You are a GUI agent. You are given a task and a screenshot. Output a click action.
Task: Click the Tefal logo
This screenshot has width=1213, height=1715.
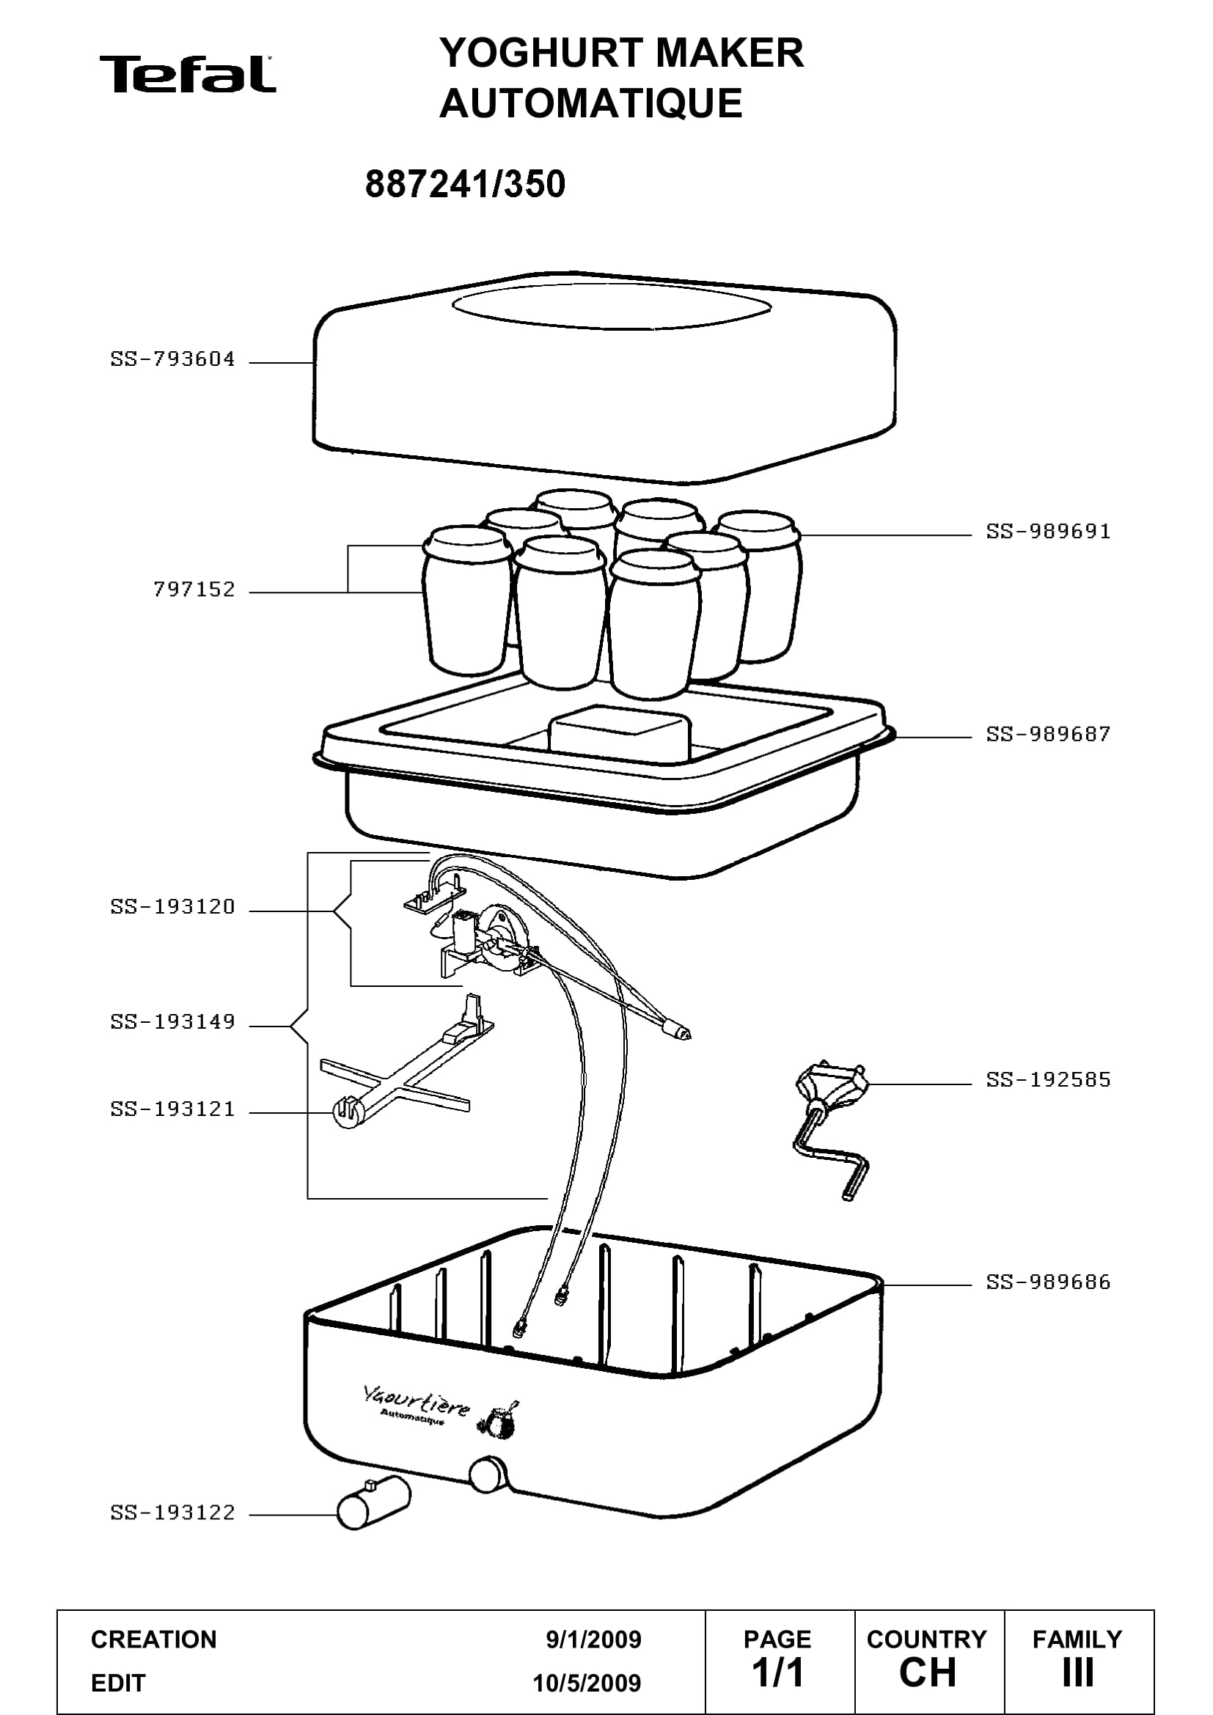pyautogui.click(x=188, y=75)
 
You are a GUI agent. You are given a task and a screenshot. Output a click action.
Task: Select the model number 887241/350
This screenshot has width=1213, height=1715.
pyautogui.click(x=466, y=184)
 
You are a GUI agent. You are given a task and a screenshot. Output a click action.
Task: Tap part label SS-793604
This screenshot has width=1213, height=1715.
pyautogui.click(x=172, y=359)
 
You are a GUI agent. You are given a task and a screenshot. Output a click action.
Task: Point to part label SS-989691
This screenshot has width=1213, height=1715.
pyautogui.click(x=1049, y=532)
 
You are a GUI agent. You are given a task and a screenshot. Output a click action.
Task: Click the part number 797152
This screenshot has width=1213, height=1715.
pyautogui.click(x=194, y=590)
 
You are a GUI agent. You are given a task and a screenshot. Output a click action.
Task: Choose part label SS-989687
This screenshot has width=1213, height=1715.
pyautogui.click(x=1049, y=734)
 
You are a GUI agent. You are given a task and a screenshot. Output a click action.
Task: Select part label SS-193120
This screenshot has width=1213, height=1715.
pyautogui.click(x=172, y=907)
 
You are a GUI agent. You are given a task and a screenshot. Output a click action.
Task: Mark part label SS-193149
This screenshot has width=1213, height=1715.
pyautogui.click(x=172, y=1022)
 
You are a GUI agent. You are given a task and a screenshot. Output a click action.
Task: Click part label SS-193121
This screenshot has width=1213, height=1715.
pyautogui.click(x=172, y=1109)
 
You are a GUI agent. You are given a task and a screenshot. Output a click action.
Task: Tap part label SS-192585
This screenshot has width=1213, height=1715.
pyautogui.click(x=1049, y=1080)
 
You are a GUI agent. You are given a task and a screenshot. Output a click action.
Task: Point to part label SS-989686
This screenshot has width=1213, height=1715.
pyautogui.click(x=1049, y=1282)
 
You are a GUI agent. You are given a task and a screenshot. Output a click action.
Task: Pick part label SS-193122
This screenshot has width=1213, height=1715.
pyautogui.click(x=172, y=1513)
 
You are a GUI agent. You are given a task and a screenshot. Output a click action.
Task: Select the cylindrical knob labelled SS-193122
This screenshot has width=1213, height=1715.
pyautogui.click(x=373, y=1502)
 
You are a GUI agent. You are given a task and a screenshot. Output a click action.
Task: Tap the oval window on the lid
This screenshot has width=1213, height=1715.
pyautogui.click(x=612, y=306)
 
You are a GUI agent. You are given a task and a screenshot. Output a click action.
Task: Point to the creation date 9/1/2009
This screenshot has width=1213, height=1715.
pyautogui.click(x=594, y=1639)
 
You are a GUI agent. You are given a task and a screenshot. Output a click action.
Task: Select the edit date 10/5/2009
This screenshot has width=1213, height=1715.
pyautogui.click(x=587, y=1683)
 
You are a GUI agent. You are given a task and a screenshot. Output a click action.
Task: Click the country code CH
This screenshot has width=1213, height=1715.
pyautogui.click(x=928, y=1673)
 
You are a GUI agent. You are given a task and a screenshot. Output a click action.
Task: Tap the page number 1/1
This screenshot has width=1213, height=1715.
pyautogui.click(x=777, y=1673)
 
